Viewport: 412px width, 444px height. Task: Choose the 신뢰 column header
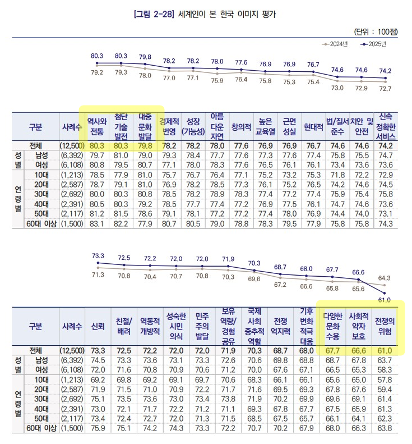point(96,328)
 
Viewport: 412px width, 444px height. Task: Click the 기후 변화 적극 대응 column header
point(306,328)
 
